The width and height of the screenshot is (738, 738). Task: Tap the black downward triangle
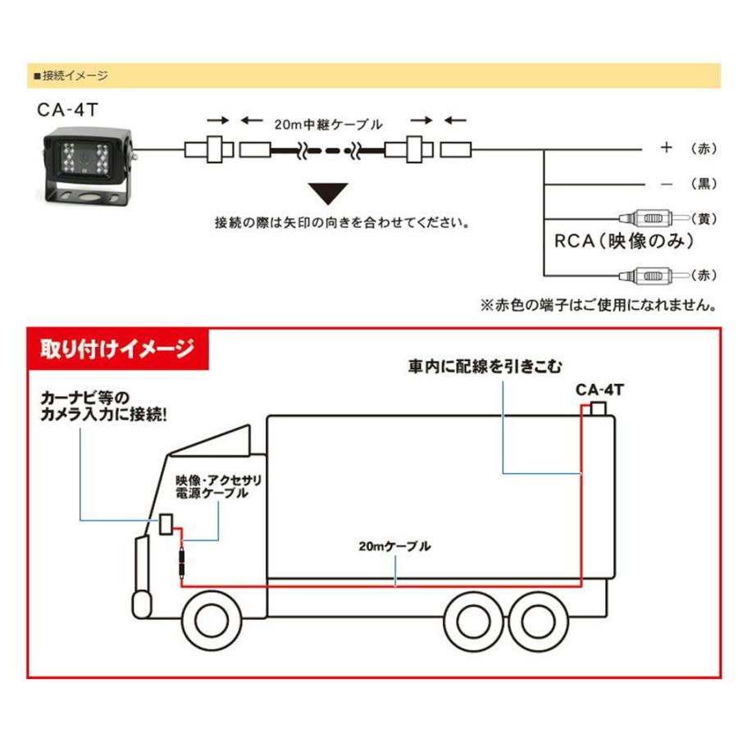(x=328, y=193)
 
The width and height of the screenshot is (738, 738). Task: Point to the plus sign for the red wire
(x=666, y=148)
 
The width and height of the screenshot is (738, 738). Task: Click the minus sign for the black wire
(x=667, y=184)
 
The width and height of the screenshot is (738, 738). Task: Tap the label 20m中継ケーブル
(x=328, y=125)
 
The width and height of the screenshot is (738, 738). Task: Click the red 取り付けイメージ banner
(x=118, y=348)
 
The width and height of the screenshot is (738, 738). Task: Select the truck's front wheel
(x=212, y=621)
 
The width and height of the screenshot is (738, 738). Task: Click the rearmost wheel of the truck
(x=538, y=622)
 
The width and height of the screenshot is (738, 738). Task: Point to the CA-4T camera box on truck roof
(x=599, y=408)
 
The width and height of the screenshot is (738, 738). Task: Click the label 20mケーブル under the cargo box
(x=394, y=546)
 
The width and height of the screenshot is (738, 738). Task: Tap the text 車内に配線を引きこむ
(x=485, y=367)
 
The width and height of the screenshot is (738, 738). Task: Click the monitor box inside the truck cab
(x=166, y=524)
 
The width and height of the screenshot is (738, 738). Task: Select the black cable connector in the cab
(x=182, y=563)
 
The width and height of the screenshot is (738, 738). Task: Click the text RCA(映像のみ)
(x=624, y=241)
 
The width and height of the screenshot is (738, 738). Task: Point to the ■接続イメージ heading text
(x=71, y=75)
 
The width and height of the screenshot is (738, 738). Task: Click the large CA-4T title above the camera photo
(x=67, y=110)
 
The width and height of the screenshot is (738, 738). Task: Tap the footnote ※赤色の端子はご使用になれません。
(x=599, y=305)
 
